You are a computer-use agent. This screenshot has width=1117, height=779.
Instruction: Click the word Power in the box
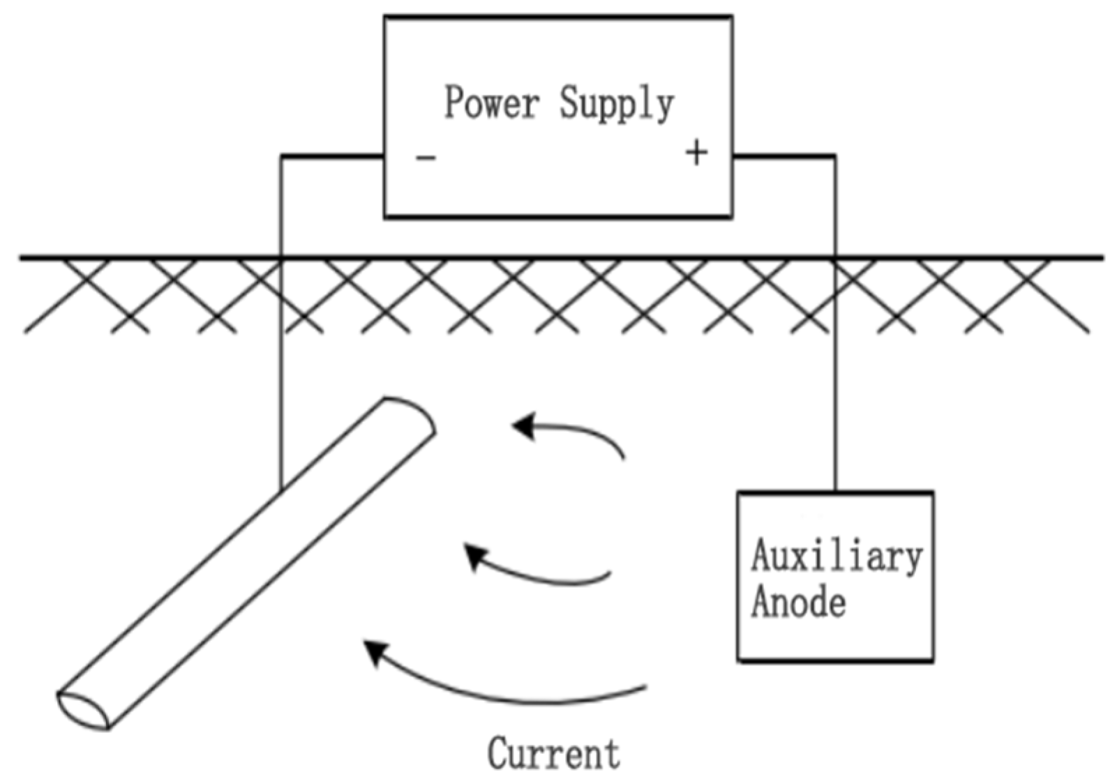coord(492,103)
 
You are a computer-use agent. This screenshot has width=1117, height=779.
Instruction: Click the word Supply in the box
coord(617,105)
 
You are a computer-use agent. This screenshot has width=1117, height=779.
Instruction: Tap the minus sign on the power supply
coord(426,158)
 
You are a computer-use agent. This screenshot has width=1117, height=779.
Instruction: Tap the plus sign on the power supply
coord(696,152)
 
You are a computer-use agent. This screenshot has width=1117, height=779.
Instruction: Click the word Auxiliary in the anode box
coord(836,557)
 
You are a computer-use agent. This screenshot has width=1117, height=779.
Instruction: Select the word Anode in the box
coord(798,601)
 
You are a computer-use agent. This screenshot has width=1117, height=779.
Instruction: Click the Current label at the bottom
coord(553,754)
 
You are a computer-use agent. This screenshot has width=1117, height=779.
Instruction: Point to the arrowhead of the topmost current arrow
coord(523,425)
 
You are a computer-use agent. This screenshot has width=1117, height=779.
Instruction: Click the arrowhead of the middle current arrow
coord(475,556)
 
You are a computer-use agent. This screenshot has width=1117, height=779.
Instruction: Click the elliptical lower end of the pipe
coord(83,711)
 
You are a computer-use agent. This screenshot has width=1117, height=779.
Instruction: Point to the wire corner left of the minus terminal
coord(282,156)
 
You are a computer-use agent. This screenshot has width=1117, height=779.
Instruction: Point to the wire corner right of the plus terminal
coord(834,156)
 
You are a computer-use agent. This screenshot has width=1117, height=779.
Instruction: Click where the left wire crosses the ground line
coord(281,258)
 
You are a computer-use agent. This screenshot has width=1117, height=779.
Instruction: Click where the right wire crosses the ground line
coord(834,258)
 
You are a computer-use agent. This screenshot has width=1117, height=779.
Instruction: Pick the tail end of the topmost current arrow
coord(622,458)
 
